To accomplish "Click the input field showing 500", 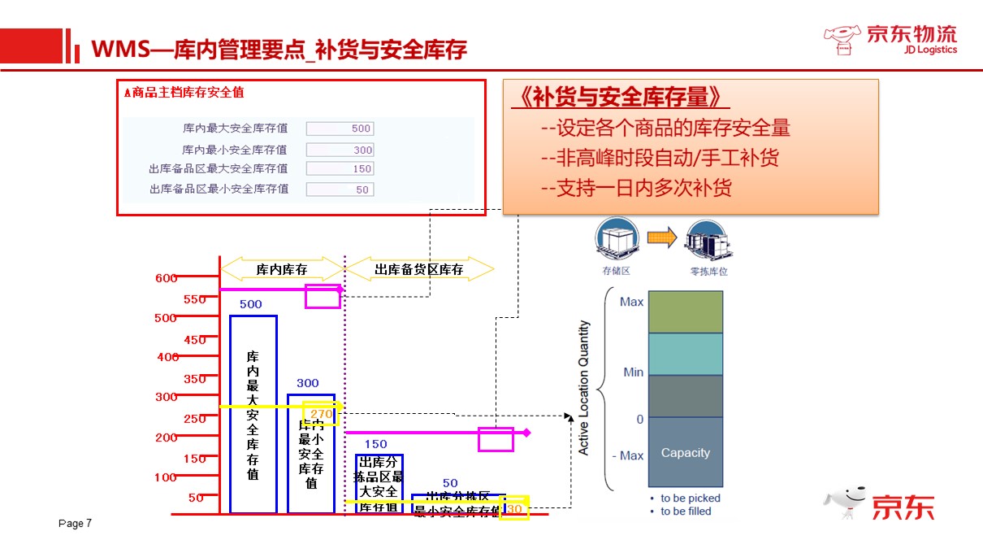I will click(x=340, y=128).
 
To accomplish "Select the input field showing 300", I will click(x=340, y=150).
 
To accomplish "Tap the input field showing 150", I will click(x=340, y=169).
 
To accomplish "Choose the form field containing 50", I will click(x=340, y=189).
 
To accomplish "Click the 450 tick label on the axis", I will click(x=194, y=340).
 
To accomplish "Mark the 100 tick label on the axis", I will click(x=166, y=477).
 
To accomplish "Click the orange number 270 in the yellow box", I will click(x=321, y=414).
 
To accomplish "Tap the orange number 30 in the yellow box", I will click(x=514, y=509).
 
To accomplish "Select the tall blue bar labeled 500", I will click(x=253, y=414).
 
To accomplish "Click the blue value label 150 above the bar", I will click(x=375, y=444).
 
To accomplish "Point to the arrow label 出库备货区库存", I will click(x=419, y=269).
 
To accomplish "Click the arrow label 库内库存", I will click(x=282, y=269).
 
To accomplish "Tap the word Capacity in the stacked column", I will click(x=685, y=453).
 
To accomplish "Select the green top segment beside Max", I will click(x=685, y=311).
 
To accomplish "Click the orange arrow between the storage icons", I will click(x=662, y=237).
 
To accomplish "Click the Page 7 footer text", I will click(x=76, y=523).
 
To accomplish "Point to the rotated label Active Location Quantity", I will click(x=583, y=387).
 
